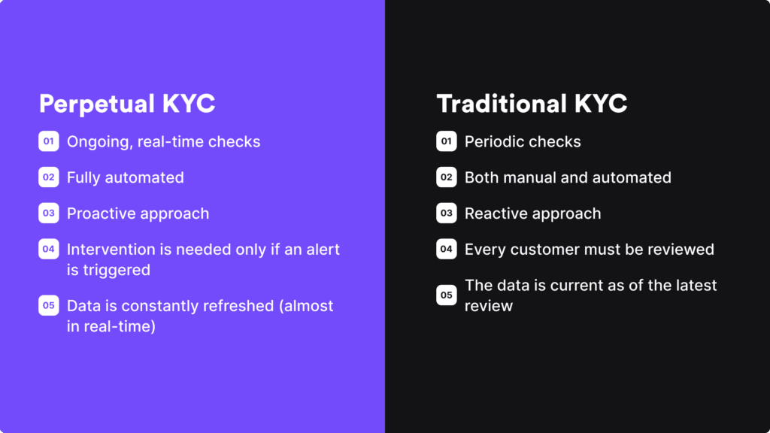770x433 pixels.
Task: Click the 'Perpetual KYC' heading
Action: click(x=127, y=104)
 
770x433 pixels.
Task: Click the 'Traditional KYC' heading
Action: click(x=532, y=104)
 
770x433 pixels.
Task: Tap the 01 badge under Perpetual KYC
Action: click(x=49, y=141)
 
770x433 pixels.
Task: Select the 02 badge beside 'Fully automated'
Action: click(x=49, y=177)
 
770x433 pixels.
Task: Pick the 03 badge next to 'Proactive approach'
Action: click(x=49, y=213)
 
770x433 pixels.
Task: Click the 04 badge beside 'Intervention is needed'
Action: click(x=49, y=249)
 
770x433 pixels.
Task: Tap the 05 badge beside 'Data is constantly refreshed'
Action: click(x=49, y=306)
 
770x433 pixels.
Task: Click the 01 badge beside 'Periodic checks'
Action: click(x=447, y=141)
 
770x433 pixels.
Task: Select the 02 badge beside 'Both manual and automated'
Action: click(x=447, y=177)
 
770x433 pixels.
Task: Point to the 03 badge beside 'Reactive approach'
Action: click(x=447, y=213)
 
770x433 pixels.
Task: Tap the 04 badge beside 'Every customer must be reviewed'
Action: click(x=447, y=249)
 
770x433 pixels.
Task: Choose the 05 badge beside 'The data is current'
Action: click(x=447, y=295)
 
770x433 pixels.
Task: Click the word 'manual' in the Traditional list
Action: click(x=526, y=177)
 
